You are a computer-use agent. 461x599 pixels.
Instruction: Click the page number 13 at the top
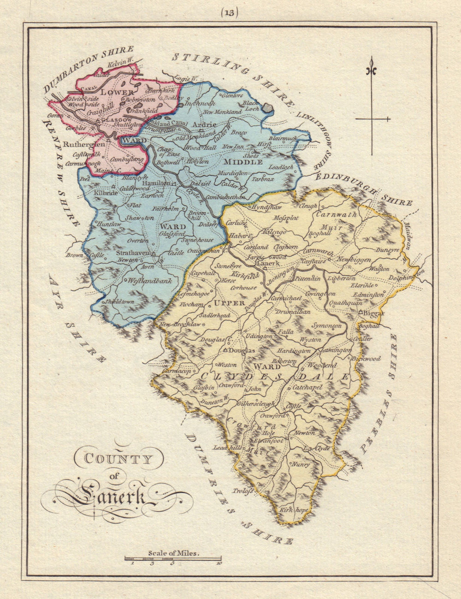click(229, 12)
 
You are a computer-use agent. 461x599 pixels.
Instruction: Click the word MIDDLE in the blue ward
click(243, 162)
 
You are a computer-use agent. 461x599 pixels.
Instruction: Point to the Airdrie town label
click(204, 124)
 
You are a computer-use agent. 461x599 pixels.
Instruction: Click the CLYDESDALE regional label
click(274, 377)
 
